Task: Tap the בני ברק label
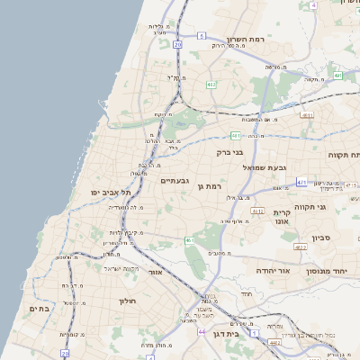[x=230, y=153]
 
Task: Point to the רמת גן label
[x=208, y=185]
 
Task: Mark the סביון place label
[x=323, y=238]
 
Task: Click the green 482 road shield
[x=211, y=85]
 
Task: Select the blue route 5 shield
[x=202, y=36]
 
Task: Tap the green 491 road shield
[x=337, y=76]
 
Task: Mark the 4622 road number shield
[x=301, y=247]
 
